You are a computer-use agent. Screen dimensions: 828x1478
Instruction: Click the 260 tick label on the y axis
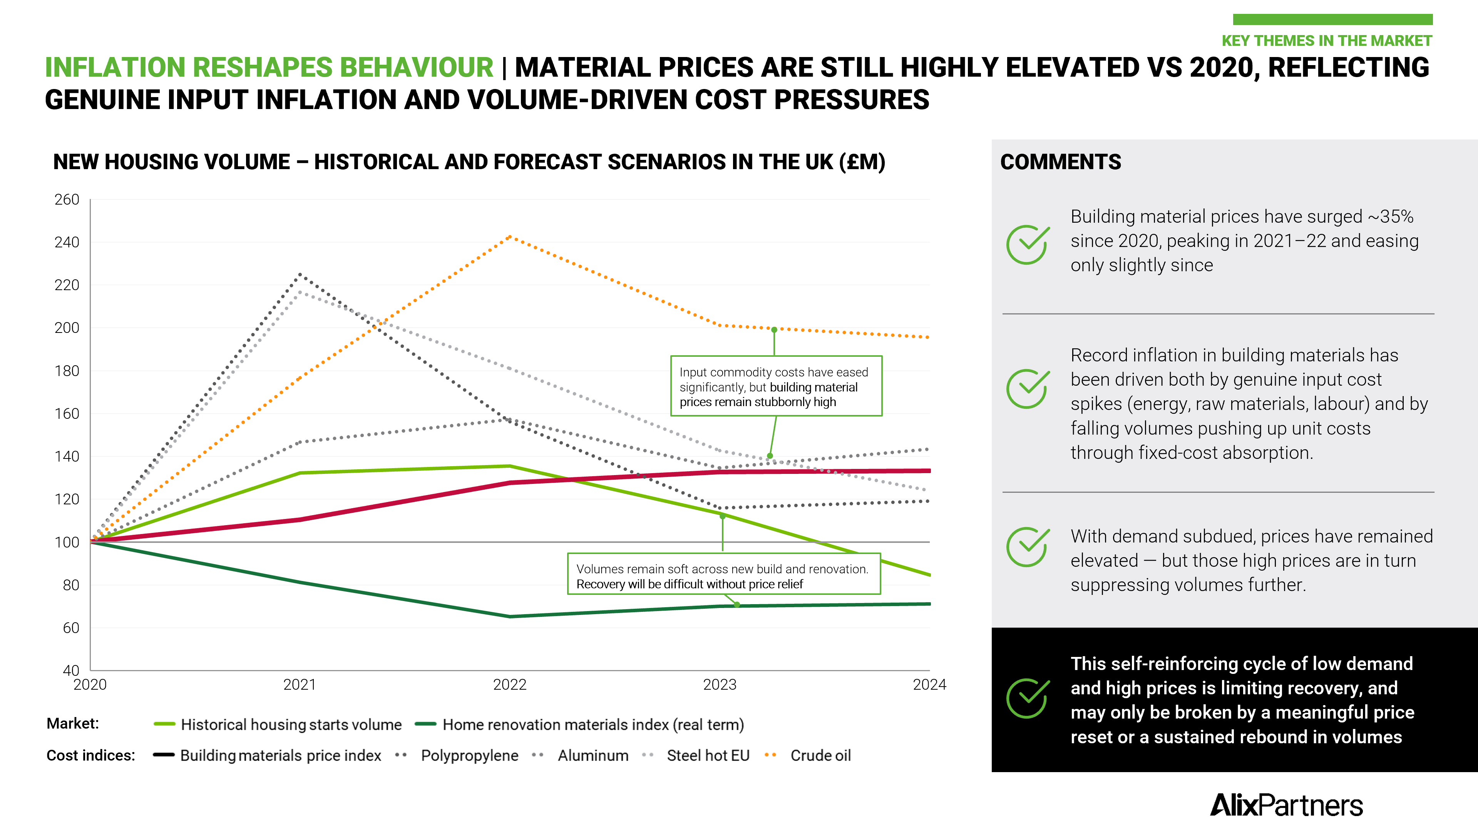(67, 200)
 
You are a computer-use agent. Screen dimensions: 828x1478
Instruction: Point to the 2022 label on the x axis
(509, 684)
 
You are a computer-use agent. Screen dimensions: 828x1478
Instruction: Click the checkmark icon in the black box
(1027, 698)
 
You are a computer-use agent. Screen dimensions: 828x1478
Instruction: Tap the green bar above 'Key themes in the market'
(1332, 20)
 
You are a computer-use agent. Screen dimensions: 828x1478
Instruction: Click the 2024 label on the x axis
(929, 684)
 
